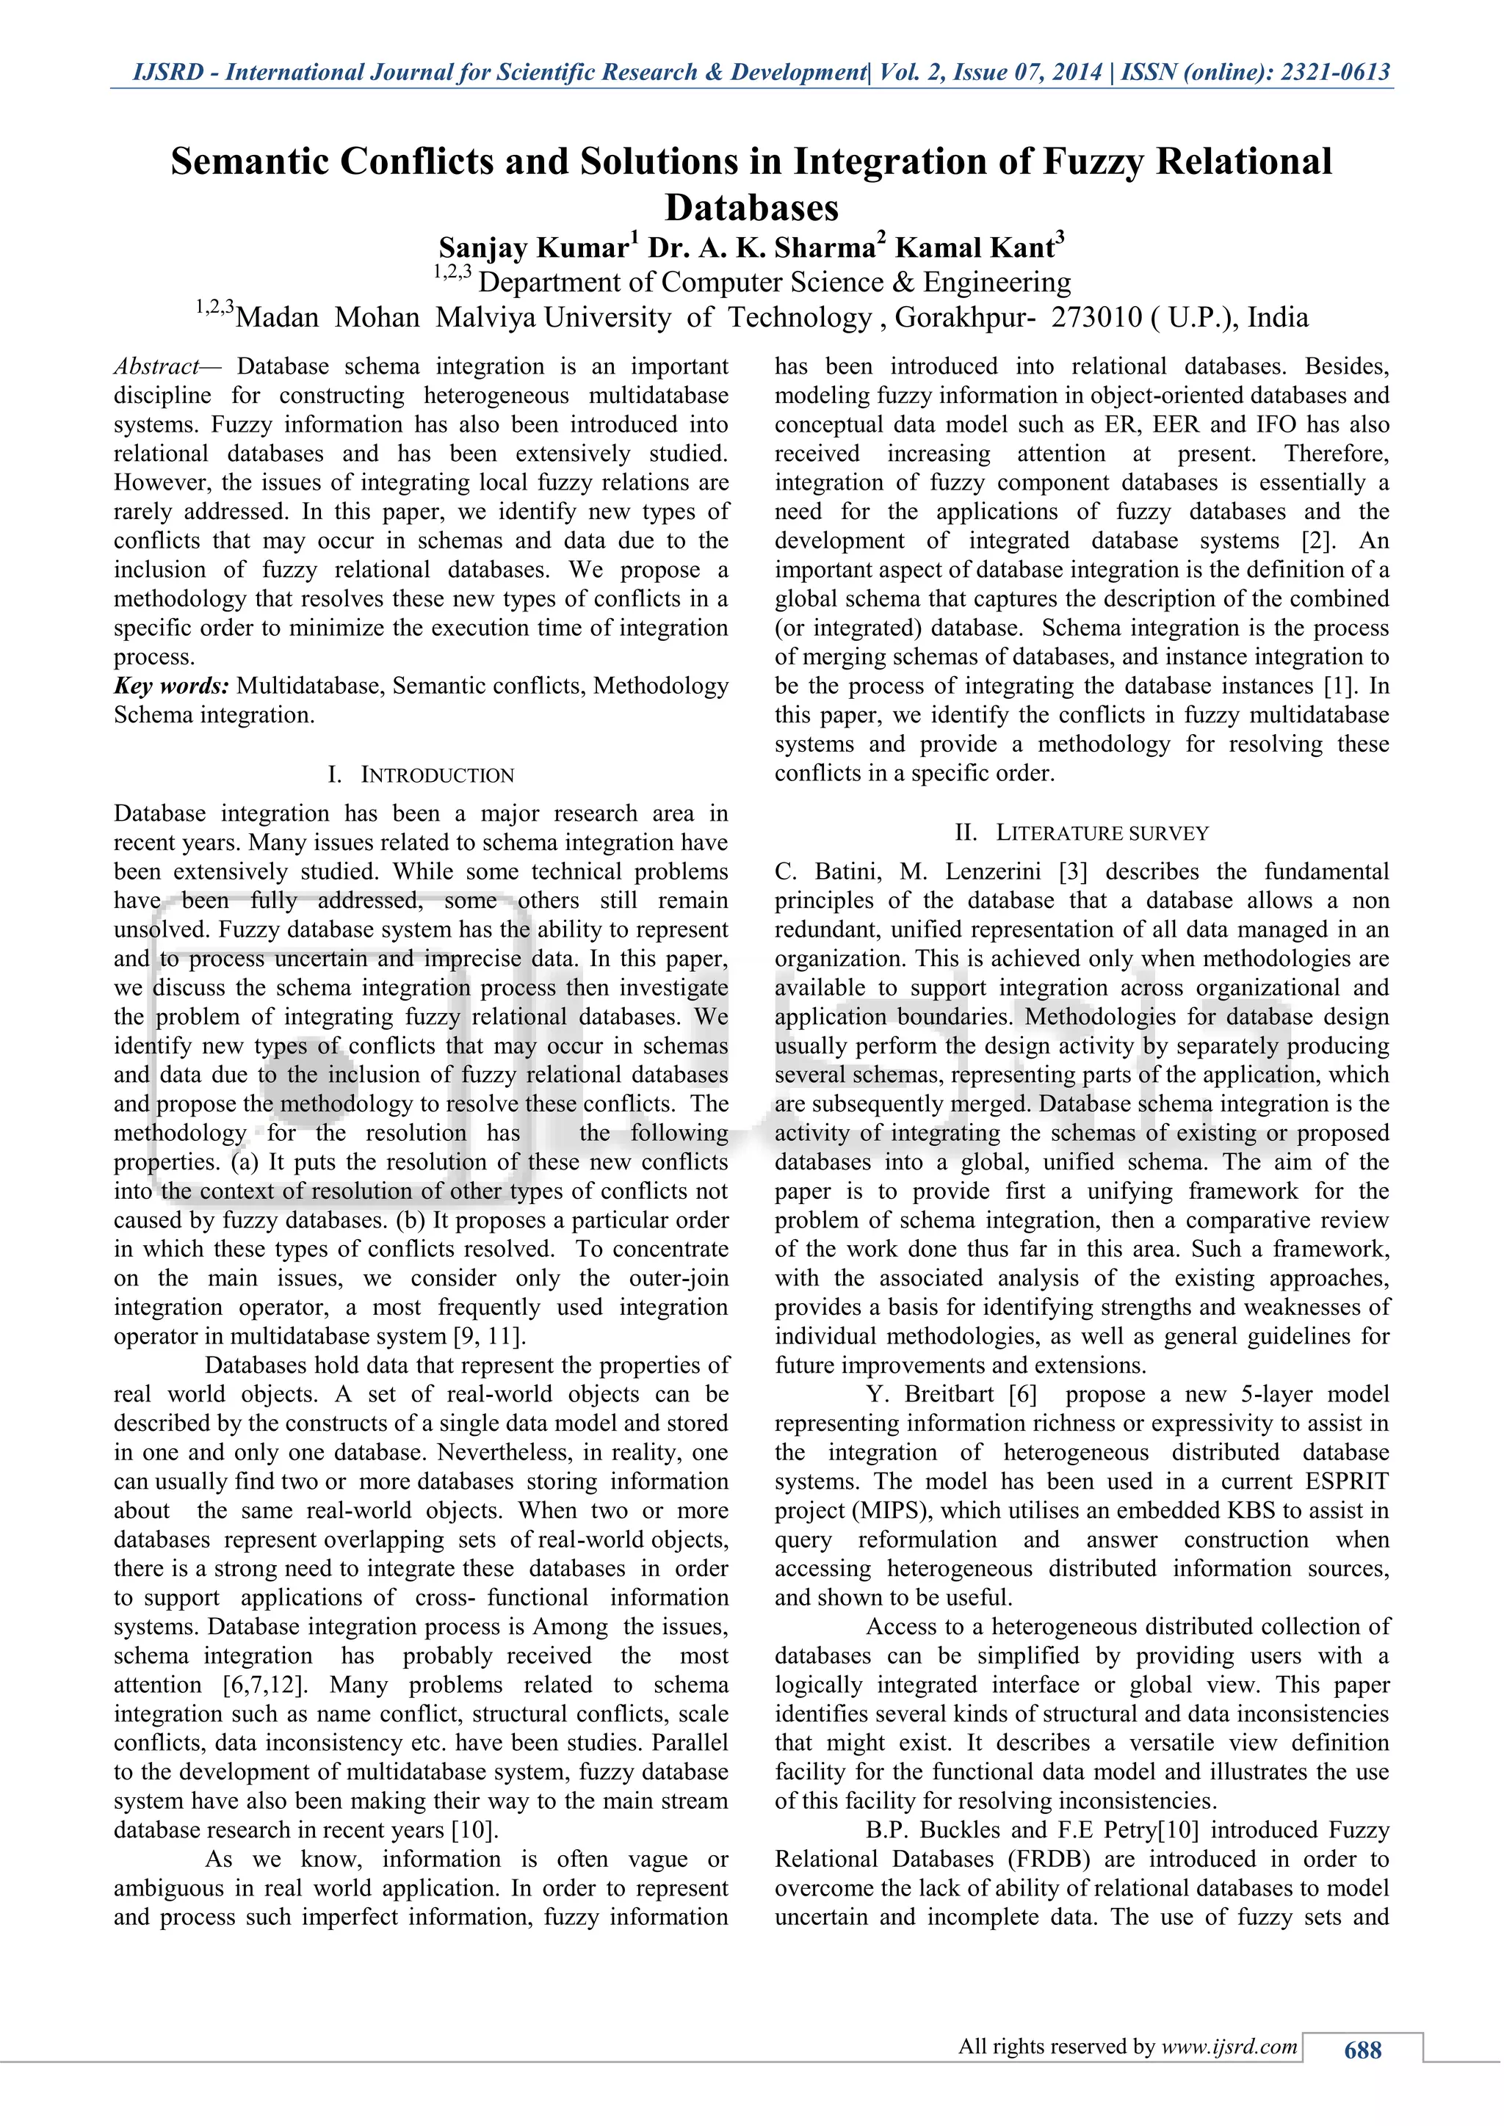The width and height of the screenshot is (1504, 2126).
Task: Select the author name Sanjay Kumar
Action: (x=533, y=248)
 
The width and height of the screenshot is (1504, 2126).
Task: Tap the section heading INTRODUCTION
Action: (x=437, y=775)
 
